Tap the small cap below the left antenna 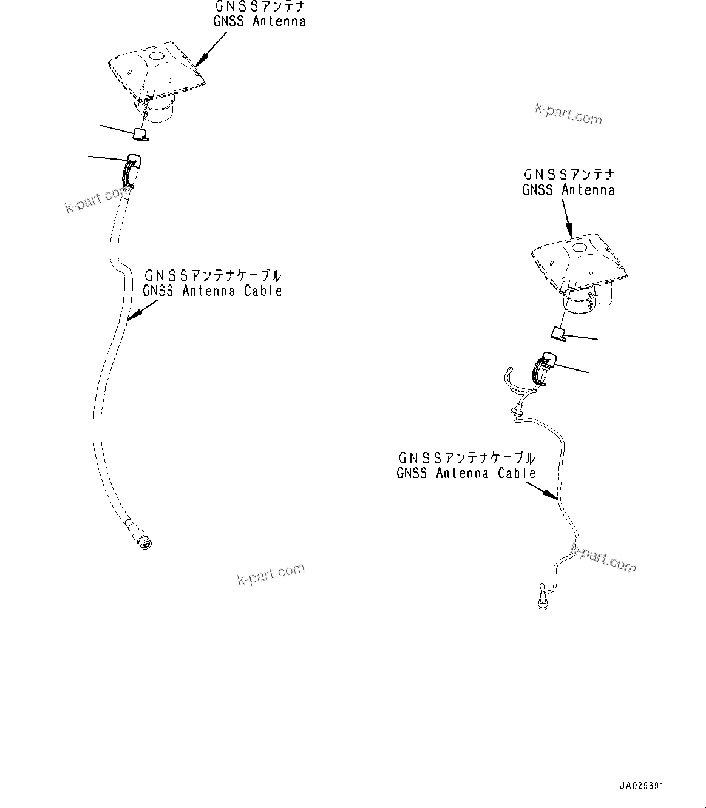140,133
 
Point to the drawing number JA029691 642,786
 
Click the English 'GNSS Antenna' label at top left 259,22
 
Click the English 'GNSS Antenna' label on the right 568,190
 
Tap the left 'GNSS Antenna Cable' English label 212,291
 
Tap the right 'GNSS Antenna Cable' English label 466,473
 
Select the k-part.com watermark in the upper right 568,113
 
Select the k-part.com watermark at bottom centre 271,574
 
